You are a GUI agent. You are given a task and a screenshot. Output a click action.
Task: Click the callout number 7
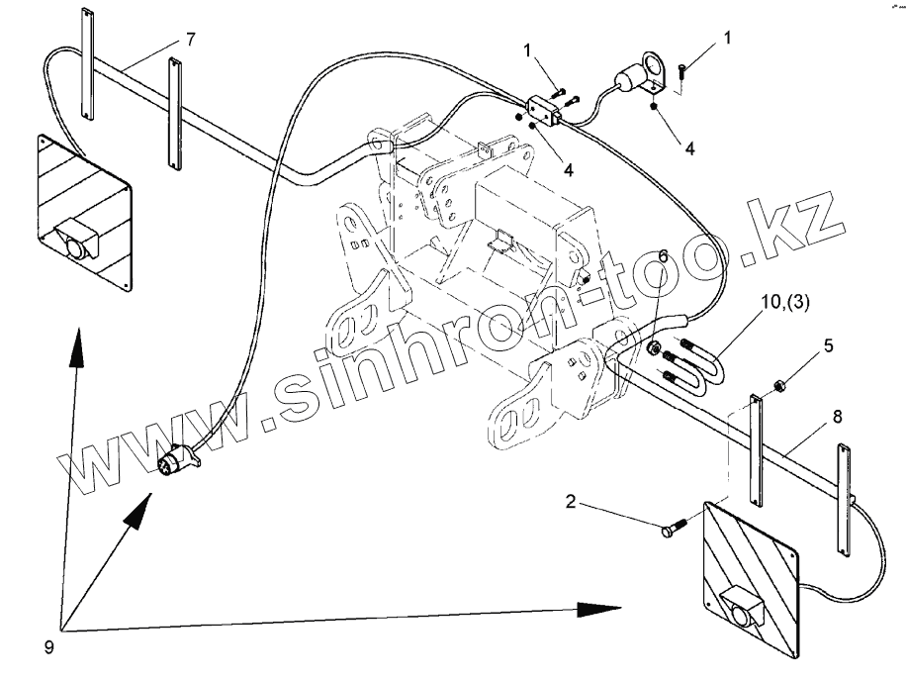point(191,39)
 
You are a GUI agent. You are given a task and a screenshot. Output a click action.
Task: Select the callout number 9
point(48,648)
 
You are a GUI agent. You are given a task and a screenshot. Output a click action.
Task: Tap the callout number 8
point(837,417)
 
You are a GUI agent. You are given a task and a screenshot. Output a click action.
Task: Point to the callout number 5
point(829,346)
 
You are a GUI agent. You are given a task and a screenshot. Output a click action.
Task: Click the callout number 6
point(663,255)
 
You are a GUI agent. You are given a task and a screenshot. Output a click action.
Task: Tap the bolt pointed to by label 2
point(674,533)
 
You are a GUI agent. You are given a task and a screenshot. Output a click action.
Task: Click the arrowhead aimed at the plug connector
point(141,505)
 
